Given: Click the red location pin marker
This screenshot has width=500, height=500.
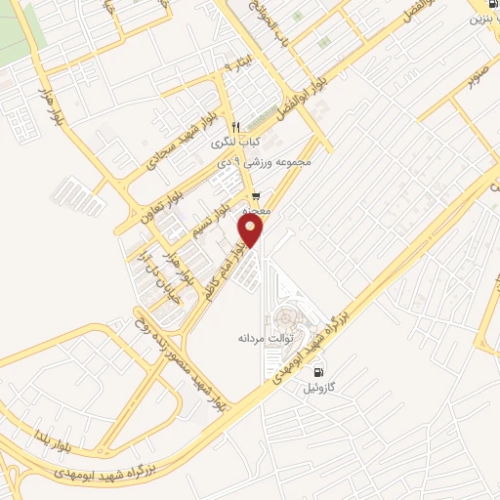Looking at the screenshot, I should pyautogui.click(x=251, y=230).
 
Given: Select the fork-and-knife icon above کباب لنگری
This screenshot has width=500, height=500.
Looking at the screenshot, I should pyautogui.click(x=235, y=127).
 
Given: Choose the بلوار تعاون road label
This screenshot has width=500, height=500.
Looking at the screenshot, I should pyautogui.click(x=147, y=196).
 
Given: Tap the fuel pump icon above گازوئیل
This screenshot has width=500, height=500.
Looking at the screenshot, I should pyautogui.click(x=319, y=372).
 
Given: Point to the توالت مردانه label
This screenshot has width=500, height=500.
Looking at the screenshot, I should pyautogui.click(x=261, y=337).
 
